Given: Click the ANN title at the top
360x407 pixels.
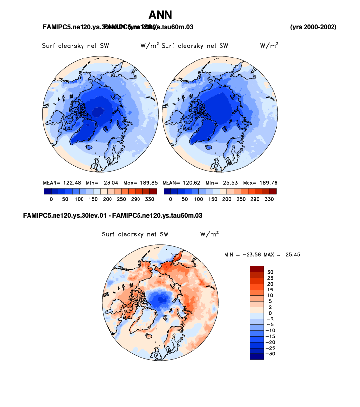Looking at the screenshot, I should pos(161,15).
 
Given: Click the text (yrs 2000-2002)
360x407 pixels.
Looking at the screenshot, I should pos(313,26).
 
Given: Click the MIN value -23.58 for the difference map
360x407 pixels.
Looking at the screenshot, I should pos(253,254).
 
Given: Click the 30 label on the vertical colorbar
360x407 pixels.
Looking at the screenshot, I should pos(270,272).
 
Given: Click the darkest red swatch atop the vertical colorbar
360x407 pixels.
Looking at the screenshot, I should pos(257,269).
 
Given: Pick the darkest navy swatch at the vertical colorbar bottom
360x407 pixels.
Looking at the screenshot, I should pos(257,356).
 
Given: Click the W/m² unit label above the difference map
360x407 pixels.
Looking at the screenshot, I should pos(209,234).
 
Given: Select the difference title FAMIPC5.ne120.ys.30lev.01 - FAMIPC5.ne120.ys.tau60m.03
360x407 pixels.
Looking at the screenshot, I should pos(113,216).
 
